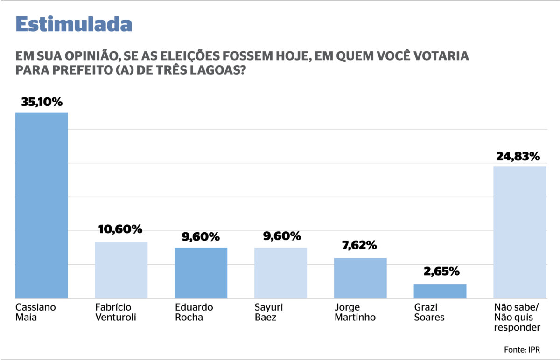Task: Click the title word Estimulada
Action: [74, 24]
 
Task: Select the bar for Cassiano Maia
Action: [42, 205]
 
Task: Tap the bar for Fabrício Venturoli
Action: [121, 270]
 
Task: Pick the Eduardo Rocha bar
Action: [201, 273]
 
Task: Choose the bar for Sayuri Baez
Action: [280, 273]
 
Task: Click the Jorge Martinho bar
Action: [360, 278]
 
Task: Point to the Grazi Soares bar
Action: [440, 291]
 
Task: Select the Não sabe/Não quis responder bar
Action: [519, 232]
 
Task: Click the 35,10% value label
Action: [42, 102]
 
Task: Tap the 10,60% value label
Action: [120, 229]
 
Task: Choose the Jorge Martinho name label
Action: [355, 312]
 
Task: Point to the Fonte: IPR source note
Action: [524, 349]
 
